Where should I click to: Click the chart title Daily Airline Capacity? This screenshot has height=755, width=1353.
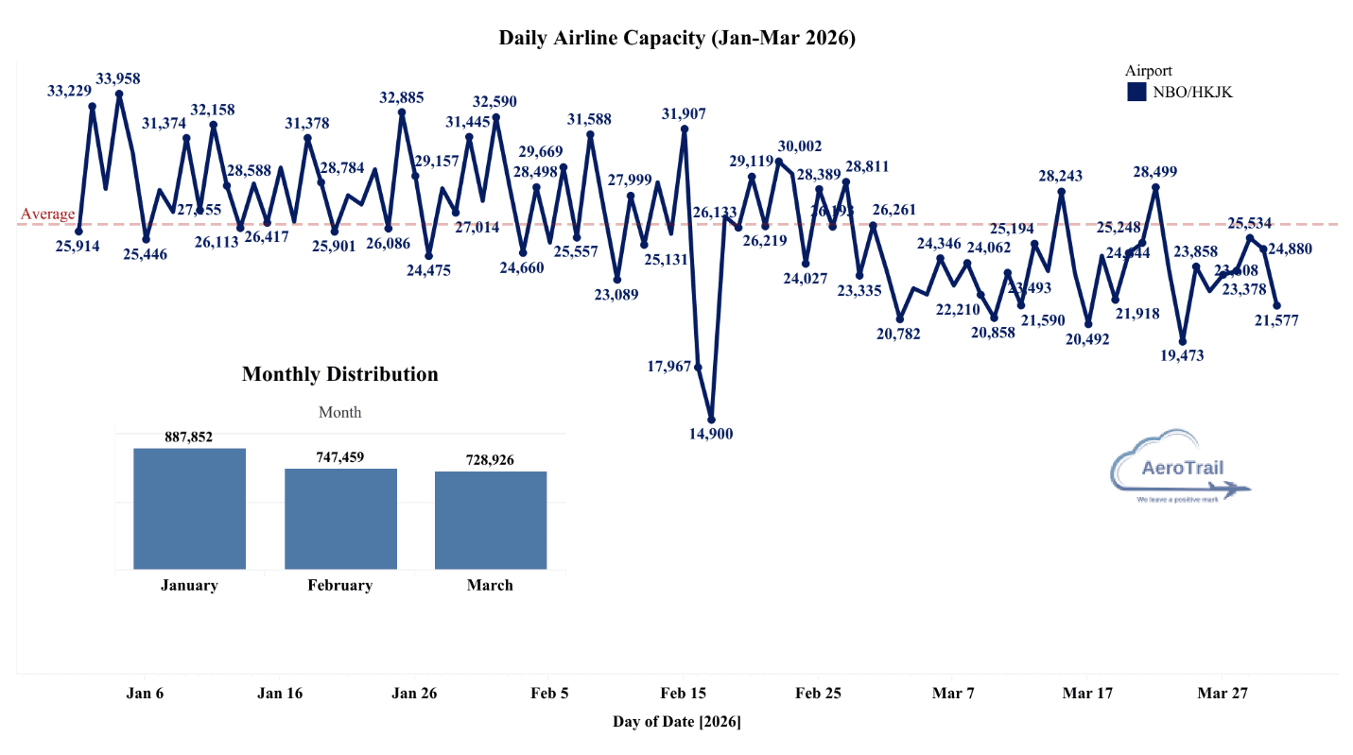tap(677, 39)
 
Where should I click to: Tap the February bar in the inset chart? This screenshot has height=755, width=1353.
tap(340, 519)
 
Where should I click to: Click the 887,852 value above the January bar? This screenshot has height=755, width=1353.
tap(189, 437)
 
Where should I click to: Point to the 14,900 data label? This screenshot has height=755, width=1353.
tap(710, 435)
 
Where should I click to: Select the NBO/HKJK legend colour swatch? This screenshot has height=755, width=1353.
tap(1136, 92)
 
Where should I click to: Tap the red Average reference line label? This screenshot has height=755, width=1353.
tap(47, 214)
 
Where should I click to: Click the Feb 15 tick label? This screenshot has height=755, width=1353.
tap(683, 694)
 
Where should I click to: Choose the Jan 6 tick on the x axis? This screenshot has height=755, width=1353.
tap(145, 694)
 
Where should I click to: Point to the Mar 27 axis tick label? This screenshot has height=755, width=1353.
tap(1223, 694)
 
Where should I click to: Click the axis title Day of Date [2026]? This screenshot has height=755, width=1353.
tap(677, 723)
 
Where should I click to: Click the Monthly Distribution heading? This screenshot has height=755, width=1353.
tap(340, 374)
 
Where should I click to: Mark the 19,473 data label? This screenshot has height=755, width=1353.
tap(1183, 356)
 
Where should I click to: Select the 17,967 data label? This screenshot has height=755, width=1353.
tap(669, 367)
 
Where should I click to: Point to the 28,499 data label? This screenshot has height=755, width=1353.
tap(1156, 172)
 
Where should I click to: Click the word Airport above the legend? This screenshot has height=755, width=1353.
tap(1149, 71)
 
